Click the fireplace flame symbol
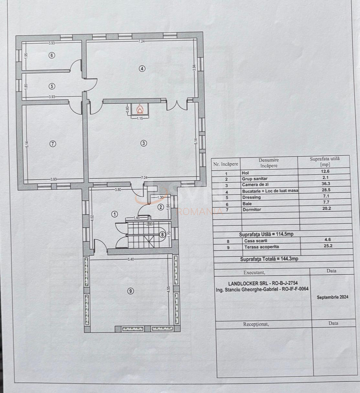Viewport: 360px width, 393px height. pyautogui.click(x=140, y=109)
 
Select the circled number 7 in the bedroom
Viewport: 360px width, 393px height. pyautogui.click(x=53, y=144)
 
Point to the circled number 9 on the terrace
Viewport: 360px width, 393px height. pyautogui.click(x=130, y=291)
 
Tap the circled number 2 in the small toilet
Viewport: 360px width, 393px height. pyautogui.click(x=160, y=207)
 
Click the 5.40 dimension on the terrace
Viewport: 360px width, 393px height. pyautogui.click(x=131, y=259)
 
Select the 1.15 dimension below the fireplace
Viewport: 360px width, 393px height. pyautogui.click(x=140, y=119)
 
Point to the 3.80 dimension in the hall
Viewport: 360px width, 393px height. pyautogui.click(x=118, y=190)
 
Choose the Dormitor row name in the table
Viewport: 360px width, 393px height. pyautogui.click(x=252, y=210)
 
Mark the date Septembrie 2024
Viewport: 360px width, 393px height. pyautogui.click(x=333, y=297)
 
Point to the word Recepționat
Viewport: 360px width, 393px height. pyautogui.click(x=256, y=324)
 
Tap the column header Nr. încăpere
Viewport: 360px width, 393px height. pyautogui.click(x=226, y=164)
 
